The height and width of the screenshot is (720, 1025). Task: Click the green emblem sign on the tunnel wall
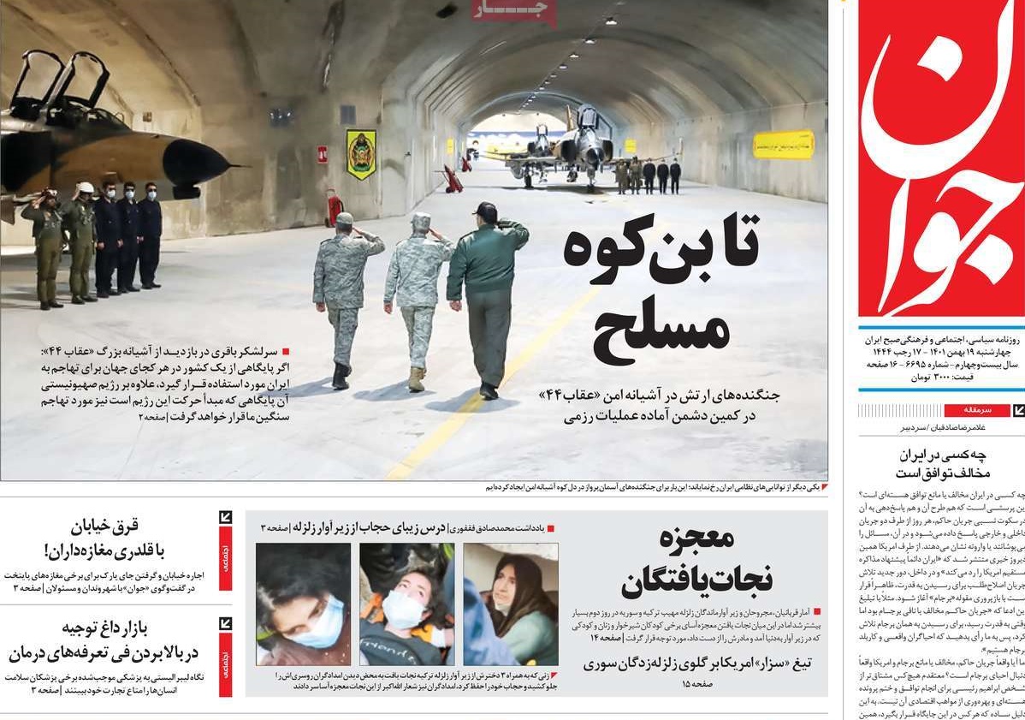(x=361, y=154)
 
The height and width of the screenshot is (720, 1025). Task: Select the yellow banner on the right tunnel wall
(x=783, y=144)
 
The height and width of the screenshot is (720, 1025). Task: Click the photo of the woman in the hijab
(x=511, y=604)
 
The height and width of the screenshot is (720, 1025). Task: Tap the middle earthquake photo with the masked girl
(x=406, y=604)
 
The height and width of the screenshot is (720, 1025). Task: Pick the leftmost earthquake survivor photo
(x=303, y=604)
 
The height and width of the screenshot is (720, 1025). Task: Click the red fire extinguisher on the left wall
(x=335, y=206)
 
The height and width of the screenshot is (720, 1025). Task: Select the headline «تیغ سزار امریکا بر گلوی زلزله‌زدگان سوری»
(x=697, y=663)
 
